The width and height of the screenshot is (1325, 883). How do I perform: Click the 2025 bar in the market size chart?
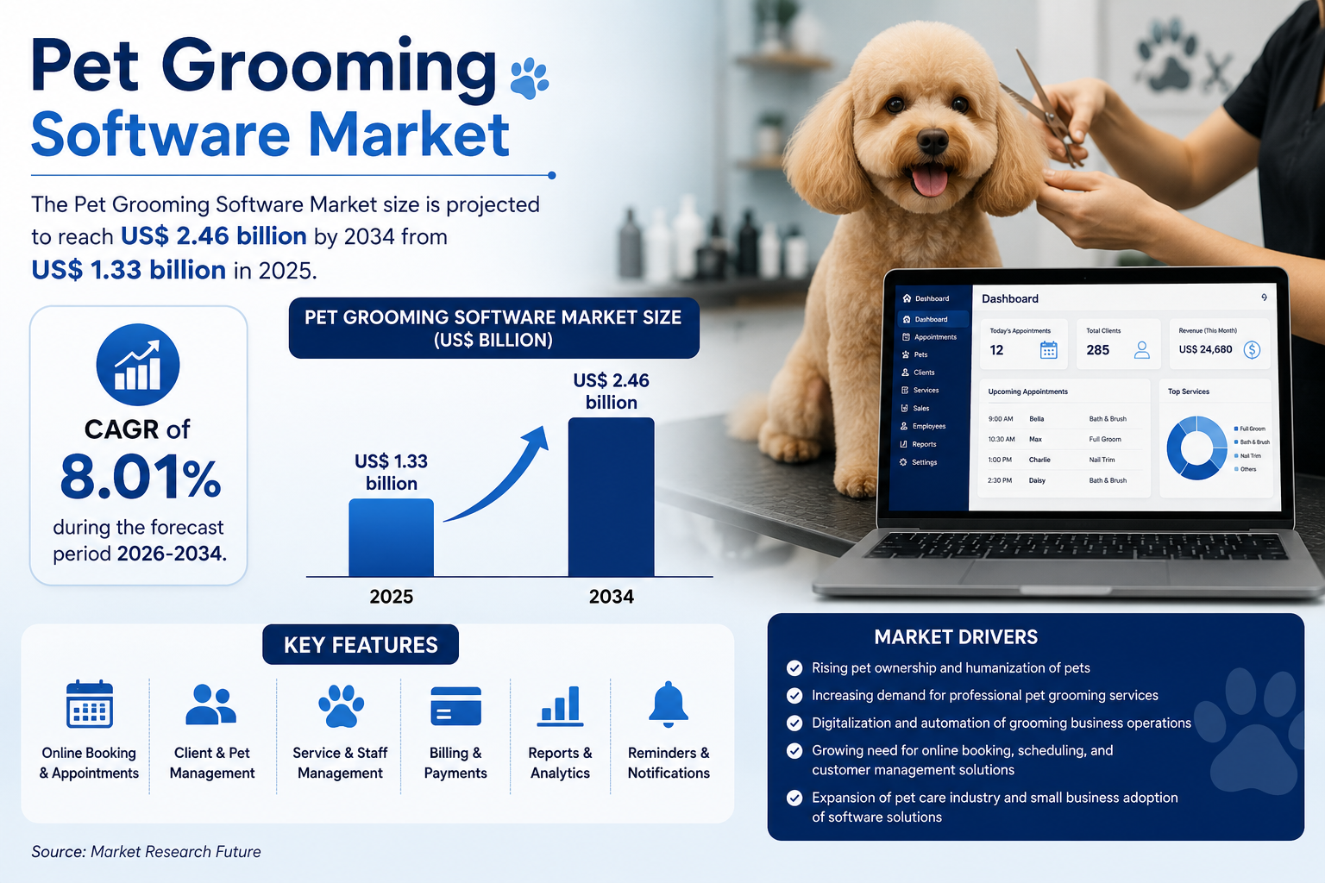391,537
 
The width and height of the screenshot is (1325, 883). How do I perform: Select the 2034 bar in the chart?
611,497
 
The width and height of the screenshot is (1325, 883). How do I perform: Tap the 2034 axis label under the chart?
611,596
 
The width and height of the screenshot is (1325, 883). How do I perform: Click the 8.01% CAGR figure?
141,477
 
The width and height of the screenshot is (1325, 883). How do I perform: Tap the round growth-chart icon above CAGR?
138,364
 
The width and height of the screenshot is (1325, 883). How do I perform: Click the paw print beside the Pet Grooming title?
530,78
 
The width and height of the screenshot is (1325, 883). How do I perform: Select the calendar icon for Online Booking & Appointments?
90,704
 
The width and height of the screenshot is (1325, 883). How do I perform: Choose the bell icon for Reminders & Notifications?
669,704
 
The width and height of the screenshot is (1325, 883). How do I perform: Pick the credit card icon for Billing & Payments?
455,705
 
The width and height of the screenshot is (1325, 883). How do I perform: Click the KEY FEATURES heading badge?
361,645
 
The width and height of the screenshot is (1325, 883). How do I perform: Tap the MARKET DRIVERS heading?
956,637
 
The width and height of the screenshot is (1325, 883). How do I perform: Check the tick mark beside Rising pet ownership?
794,667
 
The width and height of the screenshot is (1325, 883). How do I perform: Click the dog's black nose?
933,141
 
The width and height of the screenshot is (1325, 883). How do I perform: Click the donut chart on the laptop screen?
1196,448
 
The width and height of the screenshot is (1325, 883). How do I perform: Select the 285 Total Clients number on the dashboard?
1097,350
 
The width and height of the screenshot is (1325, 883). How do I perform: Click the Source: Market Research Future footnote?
146,852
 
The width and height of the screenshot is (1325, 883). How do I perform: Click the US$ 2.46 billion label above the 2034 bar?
611,391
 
